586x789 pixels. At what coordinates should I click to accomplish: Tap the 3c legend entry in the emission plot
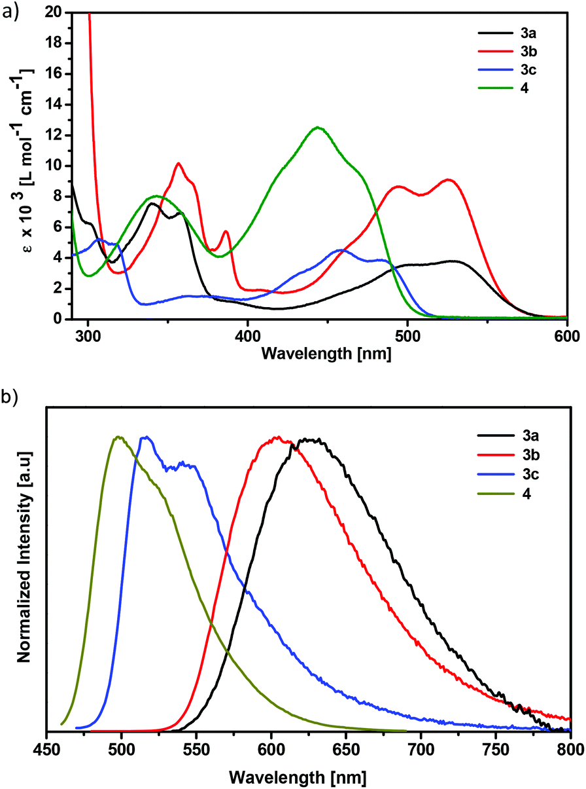520,475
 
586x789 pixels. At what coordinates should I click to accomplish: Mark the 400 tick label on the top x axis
248,334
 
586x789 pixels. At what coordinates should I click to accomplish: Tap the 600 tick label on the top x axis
566,334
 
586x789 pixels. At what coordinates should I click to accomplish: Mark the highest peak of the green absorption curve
318,128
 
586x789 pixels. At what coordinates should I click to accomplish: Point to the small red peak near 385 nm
226,231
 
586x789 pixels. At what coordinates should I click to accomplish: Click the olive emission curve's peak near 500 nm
118,437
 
